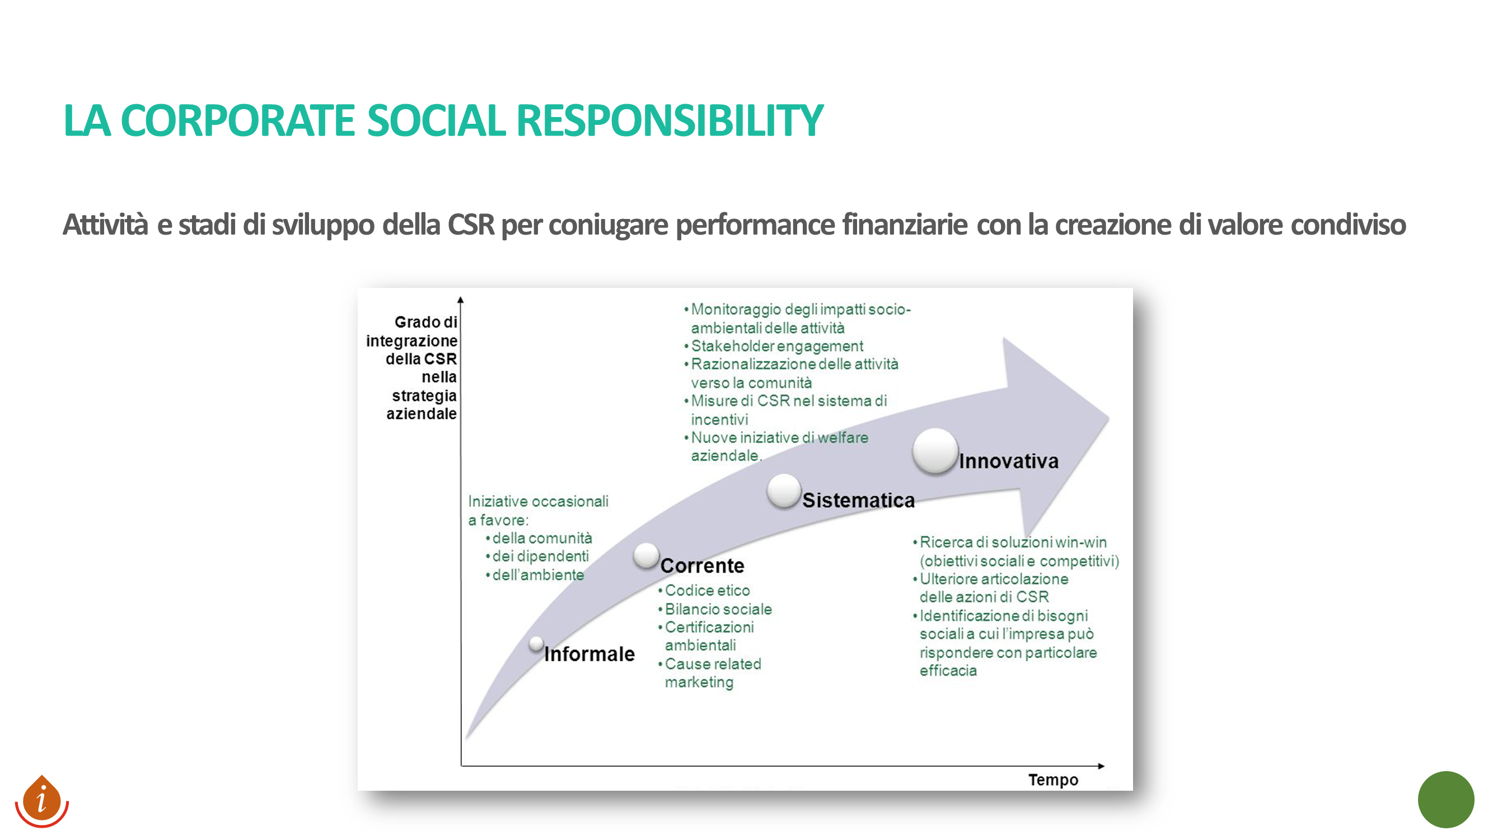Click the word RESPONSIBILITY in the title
670,120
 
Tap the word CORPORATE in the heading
237,120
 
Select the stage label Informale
589,654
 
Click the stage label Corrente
703,565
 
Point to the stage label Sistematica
858,500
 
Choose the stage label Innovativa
1008,461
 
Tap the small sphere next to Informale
536,643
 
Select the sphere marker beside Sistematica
784,491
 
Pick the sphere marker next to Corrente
646,556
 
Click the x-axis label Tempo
1053,780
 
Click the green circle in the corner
1445,800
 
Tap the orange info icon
42,801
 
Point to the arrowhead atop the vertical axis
460,300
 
